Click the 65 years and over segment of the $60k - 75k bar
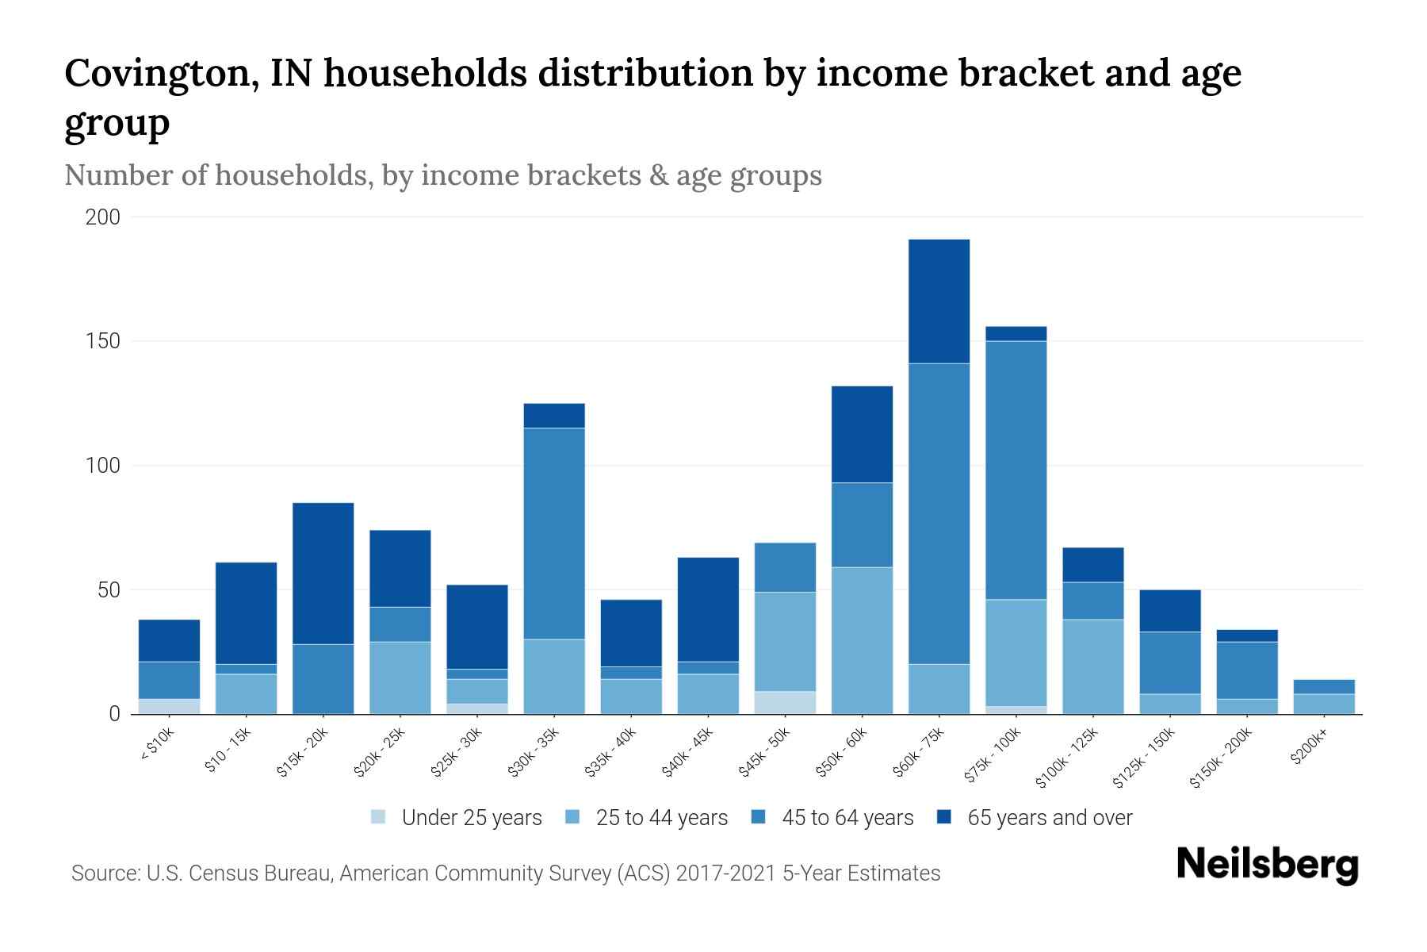click(939, 301)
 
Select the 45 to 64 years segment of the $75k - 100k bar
click(1016, 470)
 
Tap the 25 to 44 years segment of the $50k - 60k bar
click(862, 640)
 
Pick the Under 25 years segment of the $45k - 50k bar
click(785, 703)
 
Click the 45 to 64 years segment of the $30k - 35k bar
click(554, 533)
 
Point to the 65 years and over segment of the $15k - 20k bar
click(323, 573)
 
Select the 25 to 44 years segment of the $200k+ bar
click(1323, 704)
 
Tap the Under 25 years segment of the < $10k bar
click(169, 706)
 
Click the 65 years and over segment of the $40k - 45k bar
click(708, 609)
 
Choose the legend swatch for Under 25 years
click(379, 816)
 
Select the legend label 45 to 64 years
click(847, 817)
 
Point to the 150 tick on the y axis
click(103, 341)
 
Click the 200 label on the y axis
click(103, 217)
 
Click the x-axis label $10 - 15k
click(228, 749)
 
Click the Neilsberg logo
click(1267, 865)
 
